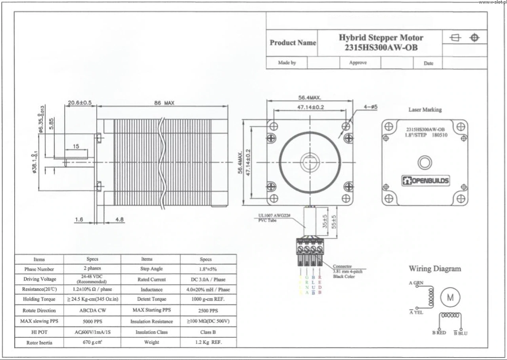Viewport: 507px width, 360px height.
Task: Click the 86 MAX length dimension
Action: pos(164,103)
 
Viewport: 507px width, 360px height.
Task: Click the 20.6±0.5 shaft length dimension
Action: pos(79,103)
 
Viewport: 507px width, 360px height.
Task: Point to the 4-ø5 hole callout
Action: pos(370,107)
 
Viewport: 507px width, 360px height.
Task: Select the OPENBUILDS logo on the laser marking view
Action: pos(426,181)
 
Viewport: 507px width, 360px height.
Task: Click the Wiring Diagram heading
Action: pos(435,269)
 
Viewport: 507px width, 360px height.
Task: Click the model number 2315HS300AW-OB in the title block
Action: pos(381,48)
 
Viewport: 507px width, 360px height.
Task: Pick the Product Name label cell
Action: pos(293,43)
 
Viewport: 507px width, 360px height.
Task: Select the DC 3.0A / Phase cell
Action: pos(208,280)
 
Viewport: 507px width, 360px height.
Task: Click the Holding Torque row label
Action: pos(39,299)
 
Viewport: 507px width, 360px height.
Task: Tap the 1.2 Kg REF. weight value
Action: pos(208,342)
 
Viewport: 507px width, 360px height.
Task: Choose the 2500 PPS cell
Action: pos(208,311)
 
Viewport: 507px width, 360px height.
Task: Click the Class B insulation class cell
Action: pos(208,332)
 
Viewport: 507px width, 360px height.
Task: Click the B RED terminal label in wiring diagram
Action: pos(439,333)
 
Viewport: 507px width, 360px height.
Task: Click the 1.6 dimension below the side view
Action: pos(78,219)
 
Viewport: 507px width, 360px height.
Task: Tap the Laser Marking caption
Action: pos(425,110)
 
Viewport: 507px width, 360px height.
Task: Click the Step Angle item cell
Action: pos(151,269)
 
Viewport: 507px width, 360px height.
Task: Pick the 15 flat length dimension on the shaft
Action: pos(76,146)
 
